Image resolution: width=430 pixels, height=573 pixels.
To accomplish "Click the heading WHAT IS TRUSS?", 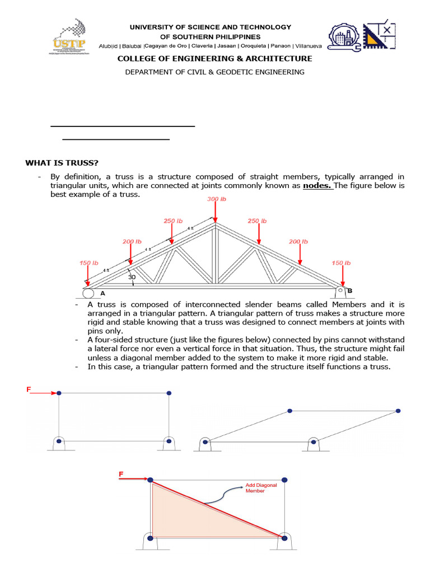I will coord(62,163).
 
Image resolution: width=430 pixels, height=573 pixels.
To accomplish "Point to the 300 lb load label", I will coord(216,199).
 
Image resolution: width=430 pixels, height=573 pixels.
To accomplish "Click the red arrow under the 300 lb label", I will coord(216,213).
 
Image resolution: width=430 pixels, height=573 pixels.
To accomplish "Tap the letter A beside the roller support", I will coord(102,293).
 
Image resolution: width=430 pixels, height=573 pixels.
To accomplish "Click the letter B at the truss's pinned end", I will coord(349,290).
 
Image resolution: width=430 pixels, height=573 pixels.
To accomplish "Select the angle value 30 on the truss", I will coord(132,277).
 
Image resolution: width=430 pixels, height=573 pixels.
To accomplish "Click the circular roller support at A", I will coord(88,293).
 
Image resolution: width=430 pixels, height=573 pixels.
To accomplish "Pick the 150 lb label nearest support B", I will coord(341,262).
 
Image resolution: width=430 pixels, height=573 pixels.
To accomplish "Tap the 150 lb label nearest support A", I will coord(88,262).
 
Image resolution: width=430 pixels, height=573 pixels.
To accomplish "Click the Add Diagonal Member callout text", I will coord(261,488).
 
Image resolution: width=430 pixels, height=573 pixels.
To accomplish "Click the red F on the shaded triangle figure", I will coord(121,474).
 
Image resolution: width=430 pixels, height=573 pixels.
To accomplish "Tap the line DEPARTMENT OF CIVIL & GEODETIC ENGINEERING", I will coord(214,72).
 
